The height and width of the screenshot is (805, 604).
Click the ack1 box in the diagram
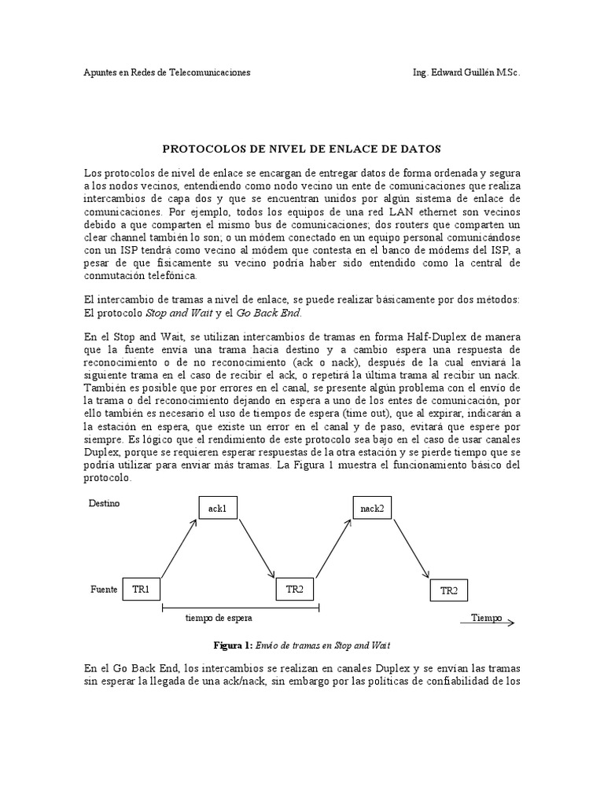pos(218,509)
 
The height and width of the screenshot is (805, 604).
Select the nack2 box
pos(372,509)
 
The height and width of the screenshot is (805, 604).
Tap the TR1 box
pos(142,589)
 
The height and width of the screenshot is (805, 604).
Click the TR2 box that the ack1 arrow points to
pos(295,589)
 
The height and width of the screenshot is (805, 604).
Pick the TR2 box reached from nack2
pos(449,591)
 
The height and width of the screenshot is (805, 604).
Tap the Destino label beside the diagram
pos(104,502)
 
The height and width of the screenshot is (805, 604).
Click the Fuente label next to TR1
pos(103,589)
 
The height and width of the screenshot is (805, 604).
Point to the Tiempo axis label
pos(486,618)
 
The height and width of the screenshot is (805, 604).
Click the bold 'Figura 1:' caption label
pos(233,645)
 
